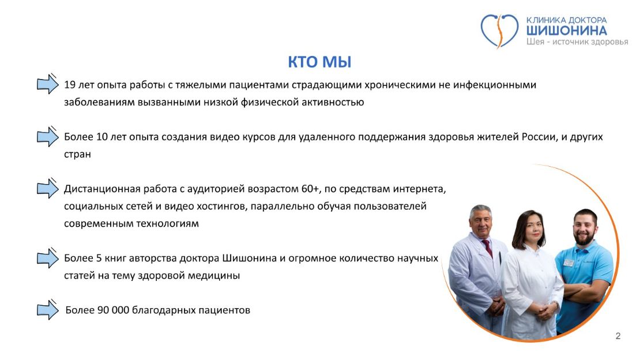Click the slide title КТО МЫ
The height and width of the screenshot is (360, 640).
tap(319, 62)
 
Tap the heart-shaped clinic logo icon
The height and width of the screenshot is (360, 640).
tap(499, 30)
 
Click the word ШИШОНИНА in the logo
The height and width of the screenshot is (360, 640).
tap(566, 31)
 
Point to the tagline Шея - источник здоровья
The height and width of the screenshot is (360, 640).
tap(577, 42)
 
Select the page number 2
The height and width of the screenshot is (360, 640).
tap(618, 336)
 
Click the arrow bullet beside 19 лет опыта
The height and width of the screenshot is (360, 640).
tap(48, 84)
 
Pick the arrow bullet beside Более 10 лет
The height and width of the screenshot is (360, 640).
tap(48, 136)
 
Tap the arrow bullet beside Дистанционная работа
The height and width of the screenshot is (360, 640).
tap(48, 188)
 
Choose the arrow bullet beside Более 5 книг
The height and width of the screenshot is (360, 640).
tap(48, 258)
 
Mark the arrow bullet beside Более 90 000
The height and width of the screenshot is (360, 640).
tap(48, 309)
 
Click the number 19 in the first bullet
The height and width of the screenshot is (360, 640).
tap(70, 85)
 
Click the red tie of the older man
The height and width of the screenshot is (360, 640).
tap(487, 249)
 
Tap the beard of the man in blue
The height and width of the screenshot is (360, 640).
tap(584, 238)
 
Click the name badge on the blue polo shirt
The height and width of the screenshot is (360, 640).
tap(569, 262)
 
